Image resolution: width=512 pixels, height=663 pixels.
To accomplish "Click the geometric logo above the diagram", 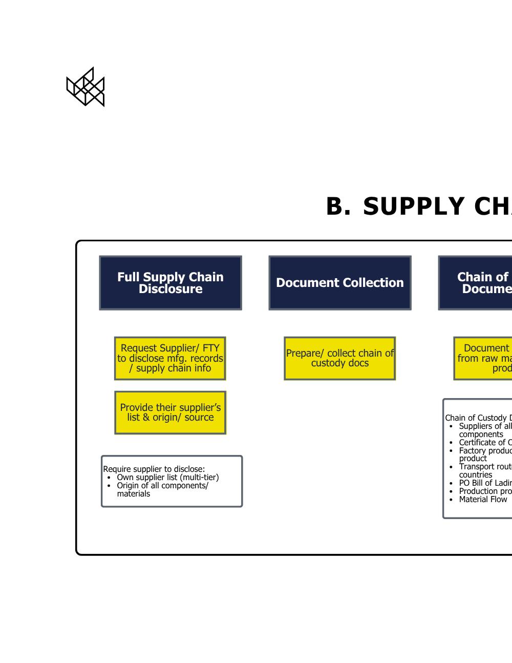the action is [x=86, y=87].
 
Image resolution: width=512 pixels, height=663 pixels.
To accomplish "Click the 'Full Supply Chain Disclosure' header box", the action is [x=170, y=283].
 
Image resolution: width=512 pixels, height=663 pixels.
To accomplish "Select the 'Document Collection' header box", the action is [x=340, y=283].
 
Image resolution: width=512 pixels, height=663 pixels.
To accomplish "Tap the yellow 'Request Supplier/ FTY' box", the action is [x=170, y=358].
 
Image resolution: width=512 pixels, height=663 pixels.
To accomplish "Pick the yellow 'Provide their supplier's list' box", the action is [x=170, y=412].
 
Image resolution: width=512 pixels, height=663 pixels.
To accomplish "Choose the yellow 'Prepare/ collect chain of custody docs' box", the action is [x=340, y=358].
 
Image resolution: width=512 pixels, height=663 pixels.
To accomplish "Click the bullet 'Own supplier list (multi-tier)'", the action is [x=167, y=478].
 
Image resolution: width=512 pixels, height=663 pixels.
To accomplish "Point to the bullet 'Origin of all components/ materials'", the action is [x=162, y=486].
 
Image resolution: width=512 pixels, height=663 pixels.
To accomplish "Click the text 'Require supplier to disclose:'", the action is [x=154, y=469].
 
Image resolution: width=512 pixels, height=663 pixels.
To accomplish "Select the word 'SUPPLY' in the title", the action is [x=414, y=207].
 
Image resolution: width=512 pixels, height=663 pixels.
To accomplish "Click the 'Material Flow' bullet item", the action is [x=483, y=500].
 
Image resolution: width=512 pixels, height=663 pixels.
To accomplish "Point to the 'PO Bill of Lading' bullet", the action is [x=485, y=483].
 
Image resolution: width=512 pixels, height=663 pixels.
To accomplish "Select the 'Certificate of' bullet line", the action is [x=485, y=443].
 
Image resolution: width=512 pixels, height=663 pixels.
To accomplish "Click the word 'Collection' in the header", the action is [x=373, y=283].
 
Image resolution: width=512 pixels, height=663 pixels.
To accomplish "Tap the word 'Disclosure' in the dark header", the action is [x=170, y=289].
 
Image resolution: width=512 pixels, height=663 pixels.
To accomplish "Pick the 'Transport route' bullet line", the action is [x=485, y=467].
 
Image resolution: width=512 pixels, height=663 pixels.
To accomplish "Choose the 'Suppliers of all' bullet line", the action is [x=485, y=426].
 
